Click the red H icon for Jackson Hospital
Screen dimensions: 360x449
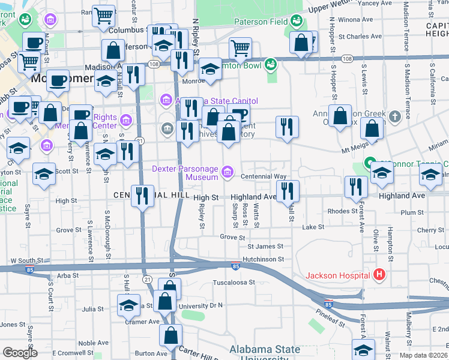point(379,276)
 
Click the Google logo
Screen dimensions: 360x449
point(20,352)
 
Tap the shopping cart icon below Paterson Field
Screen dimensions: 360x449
point(240,48)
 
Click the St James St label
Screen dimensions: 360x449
point(265,247)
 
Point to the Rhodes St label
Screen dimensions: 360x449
point(343,211)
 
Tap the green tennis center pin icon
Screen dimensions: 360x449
point(370,163)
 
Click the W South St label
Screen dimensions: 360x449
point(25,261)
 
